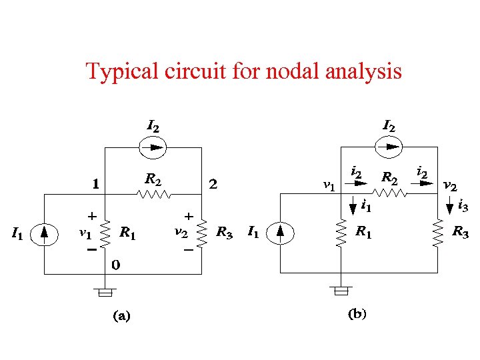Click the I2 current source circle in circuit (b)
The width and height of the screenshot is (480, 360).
click(x=388, y=147)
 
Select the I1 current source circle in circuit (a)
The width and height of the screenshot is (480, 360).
click(x=45, y=233)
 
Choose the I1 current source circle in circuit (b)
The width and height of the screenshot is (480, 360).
click(x=280, y=233)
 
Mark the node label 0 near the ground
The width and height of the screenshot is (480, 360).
click(x=115, y=265)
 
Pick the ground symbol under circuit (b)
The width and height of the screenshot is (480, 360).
click(x=341, y=291)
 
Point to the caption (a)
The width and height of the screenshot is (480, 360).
click(x=121, y=317)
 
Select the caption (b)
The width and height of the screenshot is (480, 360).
click(x=357, y=314)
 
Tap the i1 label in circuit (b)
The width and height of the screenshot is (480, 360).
click(x=366, y=207)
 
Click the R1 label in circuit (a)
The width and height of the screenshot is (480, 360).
click(x=128, y=233)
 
